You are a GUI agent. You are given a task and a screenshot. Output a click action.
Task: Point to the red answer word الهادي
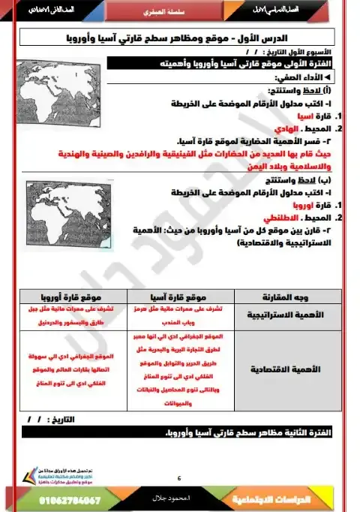290,128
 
